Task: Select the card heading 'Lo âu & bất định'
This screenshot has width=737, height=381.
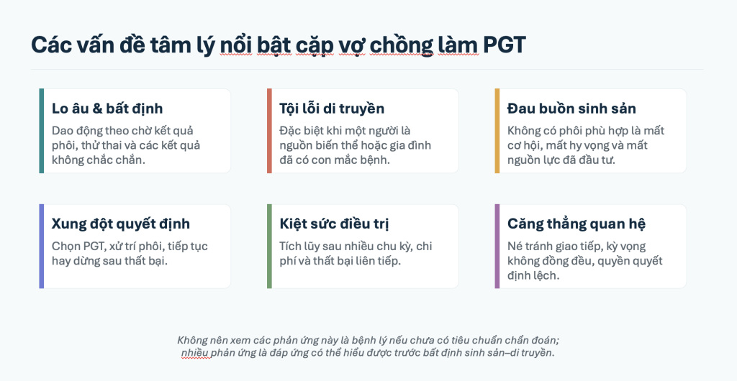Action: [107, 109]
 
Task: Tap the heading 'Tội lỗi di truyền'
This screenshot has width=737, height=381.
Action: [332, 109]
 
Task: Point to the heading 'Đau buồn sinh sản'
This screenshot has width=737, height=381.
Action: [571, 109]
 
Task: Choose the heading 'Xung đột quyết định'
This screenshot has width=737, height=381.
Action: [121, 224]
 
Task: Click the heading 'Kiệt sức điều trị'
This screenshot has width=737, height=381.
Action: [334, 224]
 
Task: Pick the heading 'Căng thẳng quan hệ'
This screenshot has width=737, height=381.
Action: [577, 224]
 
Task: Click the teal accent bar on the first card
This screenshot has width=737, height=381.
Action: [41, 131]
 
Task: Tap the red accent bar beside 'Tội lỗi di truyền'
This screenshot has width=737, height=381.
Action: [269, 131]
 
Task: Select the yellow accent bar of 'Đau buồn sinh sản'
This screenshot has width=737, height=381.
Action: [497, 131]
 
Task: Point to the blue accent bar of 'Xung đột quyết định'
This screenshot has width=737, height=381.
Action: [41, 247]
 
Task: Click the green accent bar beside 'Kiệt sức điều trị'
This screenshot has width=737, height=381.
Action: [269, 247]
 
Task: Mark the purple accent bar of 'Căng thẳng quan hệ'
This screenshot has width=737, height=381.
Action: [497, 247]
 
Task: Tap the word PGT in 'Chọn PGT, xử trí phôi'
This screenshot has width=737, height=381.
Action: [94, 247]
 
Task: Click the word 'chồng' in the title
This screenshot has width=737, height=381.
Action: [402, 45]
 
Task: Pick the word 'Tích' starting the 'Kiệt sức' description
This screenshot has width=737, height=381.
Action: [290, 247]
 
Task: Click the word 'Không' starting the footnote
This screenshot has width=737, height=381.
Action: [191, 340]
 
